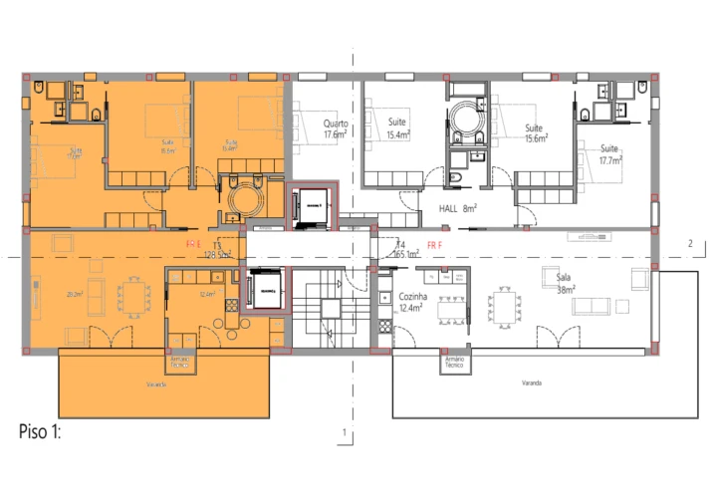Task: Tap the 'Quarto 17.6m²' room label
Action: pyautogui.click(x=336, y=128)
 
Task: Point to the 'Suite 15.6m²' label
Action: pyautogui.click(x=534, y=133)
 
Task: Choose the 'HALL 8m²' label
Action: pyautogui.click(x=458, y=208)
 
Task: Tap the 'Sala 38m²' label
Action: pyautogui.click(x=566, y=285)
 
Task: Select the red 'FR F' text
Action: pyautogui.click(x=434, y=243)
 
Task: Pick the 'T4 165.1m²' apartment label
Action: pyautogui.click(x=404, y=250)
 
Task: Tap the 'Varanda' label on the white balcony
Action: pyautogui.click(x=531, y=382)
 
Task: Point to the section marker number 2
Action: pyautogui.click(x=689, y=242)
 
